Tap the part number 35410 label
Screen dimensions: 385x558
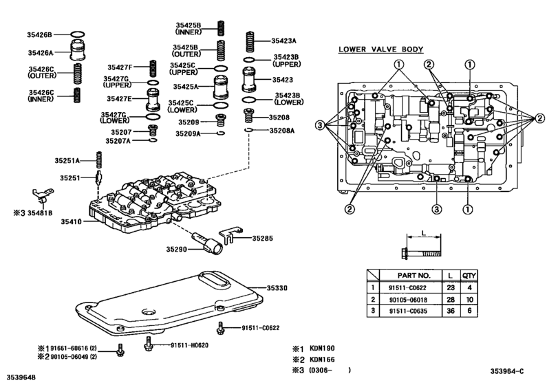point(71,222)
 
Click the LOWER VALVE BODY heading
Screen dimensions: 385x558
point(380,49)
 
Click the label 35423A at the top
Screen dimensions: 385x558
point(283,41)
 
